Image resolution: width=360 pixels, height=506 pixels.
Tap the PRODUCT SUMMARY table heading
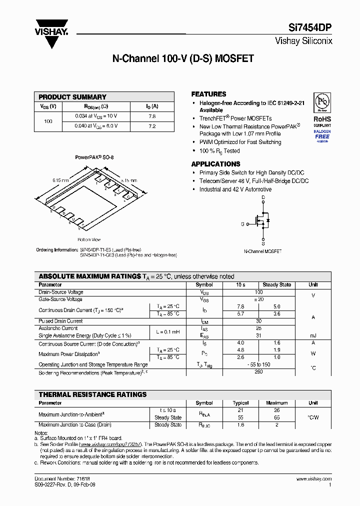pyautogui.click(x=72, y=97)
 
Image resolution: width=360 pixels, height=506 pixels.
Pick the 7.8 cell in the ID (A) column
pyautogui.click(x=152, y=116)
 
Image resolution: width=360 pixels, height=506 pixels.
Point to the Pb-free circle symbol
pyautogui.click(x=322, y=102)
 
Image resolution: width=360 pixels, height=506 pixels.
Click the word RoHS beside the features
pyautogui.click(x=322, y=119)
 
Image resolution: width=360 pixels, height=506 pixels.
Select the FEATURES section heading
pyautogui.click(x=208, y=94)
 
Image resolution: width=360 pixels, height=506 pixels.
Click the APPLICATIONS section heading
pyautogui.click(x=215, y=164)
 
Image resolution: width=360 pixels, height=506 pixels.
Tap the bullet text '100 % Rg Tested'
pyautogui.click(x=219, y=151)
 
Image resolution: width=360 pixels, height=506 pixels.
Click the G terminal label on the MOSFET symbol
pyautogui.click(x=242, y=224)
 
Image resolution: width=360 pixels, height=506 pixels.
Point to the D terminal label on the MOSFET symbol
pyautogui.click(x=263, y=198)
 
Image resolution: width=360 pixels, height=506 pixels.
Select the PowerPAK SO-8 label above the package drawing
pyautogui.click(x=94, y=157)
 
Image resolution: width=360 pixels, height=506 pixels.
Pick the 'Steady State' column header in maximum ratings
pyautogui.click(x=277, y=284)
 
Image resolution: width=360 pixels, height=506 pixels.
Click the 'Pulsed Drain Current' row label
pyautogui.click(x=60, y=321)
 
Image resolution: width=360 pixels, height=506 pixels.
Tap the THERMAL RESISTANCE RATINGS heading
pyautogui.click(x=92, y=394)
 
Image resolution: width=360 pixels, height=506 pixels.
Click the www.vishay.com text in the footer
pyautogui.click(x=313, y=479)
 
